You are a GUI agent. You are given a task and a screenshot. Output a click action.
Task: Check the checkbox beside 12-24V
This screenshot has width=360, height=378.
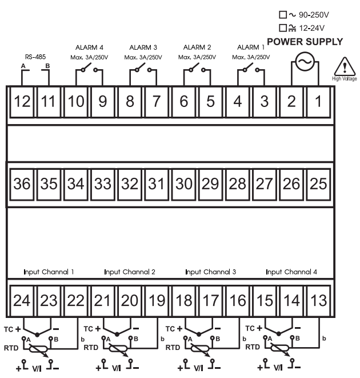tap(282, 27)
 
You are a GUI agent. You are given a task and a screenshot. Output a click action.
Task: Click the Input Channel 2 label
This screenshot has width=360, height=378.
tap(130, 272)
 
